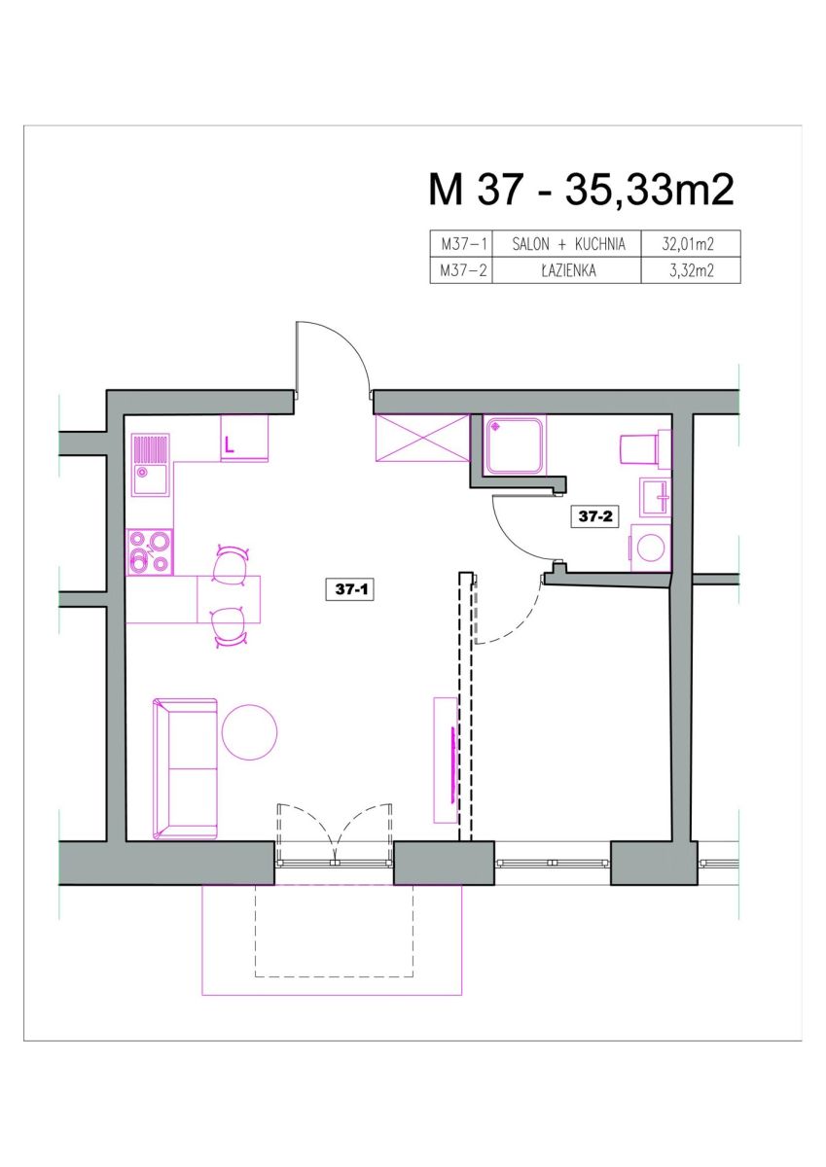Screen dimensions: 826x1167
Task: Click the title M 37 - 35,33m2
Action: [581, 191]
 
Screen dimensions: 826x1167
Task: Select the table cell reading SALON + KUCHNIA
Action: [566, 244]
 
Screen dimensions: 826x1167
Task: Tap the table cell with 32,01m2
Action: [691, 244]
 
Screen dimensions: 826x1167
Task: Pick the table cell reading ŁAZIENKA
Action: [566, 270]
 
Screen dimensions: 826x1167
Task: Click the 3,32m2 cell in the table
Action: [691, 270]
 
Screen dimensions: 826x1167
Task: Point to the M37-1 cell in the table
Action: [461, 244]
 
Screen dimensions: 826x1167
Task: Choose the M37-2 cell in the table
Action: [461, 270]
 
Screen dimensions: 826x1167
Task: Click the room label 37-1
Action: [350, 589]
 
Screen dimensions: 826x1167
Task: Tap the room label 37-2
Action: [594, 516]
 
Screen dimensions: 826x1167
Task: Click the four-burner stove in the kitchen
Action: [150, 552]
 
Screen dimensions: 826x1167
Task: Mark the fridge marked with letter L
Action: [244, 438]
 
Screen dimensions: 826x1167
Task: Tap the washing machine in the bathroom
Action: [650, 548]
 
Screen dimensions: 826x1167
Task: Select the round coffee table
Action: [250, 731]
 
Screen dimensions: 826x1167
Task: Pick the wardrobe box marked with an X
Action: [422, 438]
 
